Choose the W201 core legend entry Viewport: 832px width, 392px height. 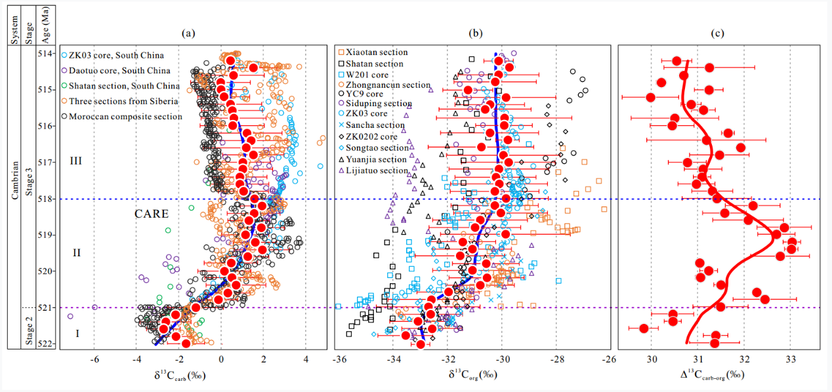pos(370,74)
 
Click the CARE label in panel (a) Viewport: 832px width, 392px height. pos(152,214)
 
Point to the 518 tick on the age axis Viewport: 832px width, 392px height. pos(49,198)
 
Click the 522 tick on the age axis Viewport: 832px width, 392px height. pos(49,343)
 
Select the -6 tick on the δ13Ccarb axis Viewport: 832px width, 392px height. pos(94,359)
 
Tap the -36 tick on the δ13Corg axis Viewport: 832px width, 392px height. pos(339,359)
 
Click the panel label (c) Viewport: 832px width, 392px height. pos(720,32)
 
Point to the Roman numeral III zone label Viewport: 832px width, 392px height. pos(76,161)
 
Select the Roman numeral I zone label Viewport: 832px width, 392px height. pos(77,334)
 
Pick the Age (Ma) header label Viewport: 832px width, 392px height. pos(47,23)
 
